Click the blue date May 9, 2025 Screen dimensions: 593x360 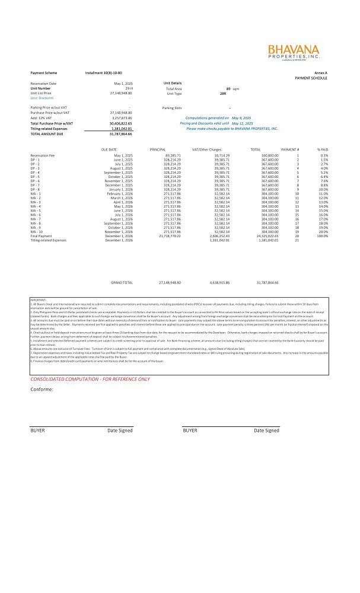point(241,118)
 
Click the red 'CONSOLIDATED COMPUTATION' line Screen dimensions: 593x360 point(90,362)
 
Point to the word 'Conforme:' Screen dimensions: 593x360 point(42,373)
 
